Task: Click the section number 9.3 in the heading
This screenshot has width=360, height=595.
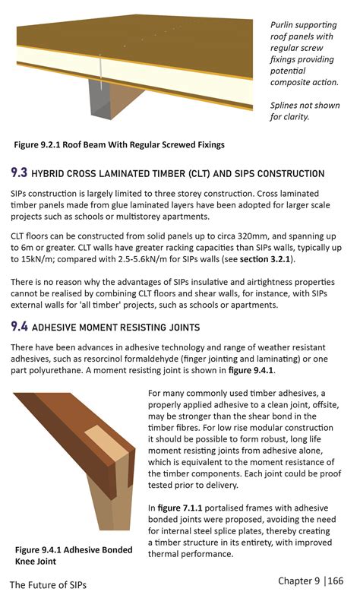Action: pos(20,172)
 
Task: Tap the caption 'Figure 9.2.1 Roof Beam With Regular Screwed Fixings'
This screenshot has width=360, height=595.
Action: pos(119,144)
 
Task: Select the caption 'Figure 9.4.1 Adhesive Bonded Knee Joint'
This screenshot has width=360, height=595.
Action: pos(73,555)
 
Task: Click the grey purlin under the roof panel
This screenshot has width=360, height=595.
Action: pos(103,99)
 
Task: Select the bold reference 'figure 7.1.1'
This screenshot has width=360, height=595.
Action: pos(186,507)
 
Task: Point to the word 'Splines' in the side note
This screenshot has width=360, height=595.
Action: pos(288,105)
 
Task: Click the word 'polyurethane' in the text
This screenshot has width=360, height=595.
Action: pos(65,370)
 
